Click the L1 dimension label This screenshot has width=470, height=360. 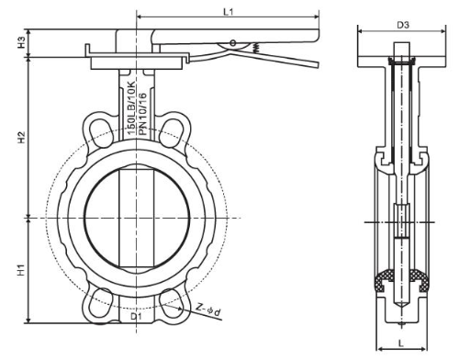[229, 12]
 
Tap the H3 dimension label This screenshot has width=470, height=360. [21, 42]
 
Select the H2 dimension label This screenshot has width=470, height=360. [21, 137]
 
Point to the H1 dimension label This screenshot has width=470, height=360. [21, 270]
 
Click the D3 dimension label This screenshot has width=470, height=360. [403, 25]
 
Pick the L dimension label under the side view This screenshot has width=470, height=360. [401, 343]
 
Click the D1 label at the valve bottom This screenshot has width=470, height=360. [136, 317]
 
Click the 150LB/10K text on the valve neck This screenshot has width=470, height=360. [131, 108]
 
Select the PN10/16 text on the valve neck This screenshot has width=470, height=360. [142, 114]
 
